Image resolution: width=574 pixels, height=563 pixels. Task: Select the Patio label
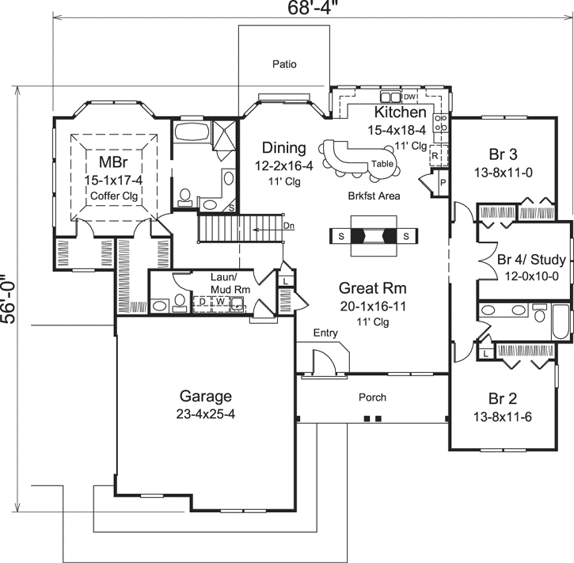283,64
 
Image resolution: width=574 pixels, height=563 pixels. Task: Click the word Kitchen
400,114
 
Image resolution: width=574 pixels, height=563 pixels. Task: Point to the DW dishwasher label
410,97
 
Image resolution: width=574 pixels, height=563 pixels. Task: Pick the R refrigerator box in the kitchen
435,156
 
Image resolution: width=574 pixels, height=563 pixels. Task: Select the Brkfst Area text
374,196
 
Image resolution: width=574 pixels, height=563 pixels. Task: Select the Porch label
373,398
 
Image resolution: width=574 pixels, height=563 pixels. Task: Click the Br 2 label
502,398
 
